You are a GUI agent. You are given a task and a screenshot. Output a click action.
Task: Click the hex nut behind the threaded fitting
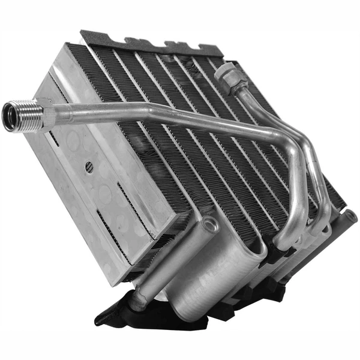(45, 111)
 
